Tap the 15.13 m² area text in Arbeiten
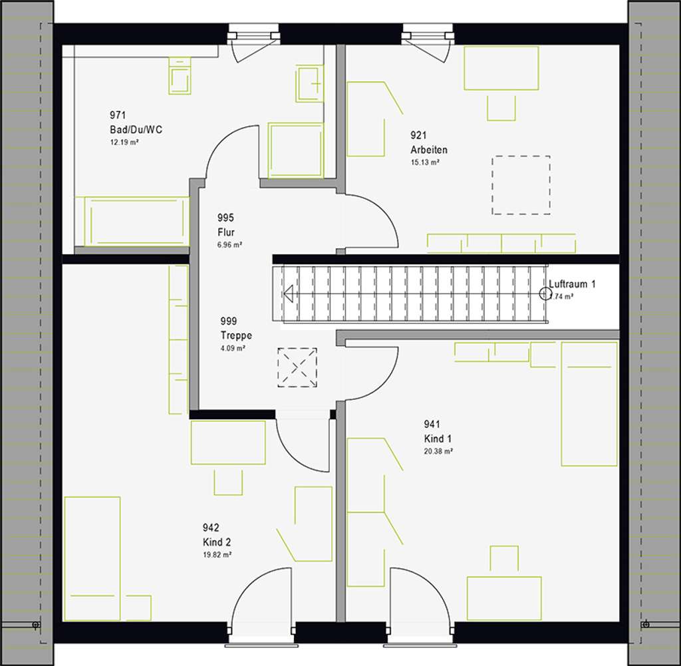coord(425,162)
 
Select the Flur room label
coord(226,232)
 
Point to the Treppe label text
coord(236,336)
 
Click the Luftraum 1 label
coord(572,284)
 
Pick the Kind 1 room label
coord(438,438)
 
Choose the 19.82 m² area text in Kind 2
coord(218,554)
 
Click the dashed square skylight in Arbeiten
coord(521,185)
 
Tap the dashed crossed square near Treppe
coord(297,367)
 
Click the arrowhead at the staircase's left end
coord(289,293)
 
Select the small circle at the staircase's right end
coord(545,293)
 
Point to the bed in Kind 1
coord(589,404)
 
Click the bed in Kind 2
coord(92,549)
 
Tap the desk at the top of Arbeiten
coord(501,68)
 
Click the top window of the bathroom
coord(253,34)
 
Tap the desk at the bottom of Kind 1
coord(503,597)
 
